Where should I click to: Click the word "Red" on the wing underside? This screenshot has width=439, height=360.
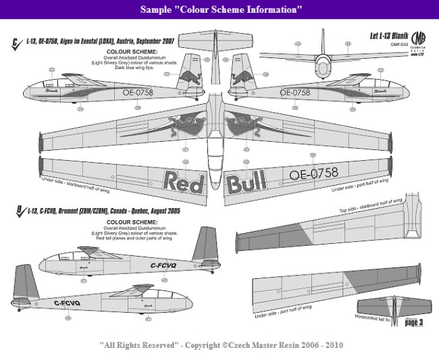(x=180, y=181)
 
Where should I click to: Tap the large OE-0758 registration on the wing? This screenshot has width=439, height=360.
(x=313, y=175)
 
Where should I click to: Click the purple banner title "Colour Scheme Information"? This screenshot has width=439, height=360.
(x=220, y=10)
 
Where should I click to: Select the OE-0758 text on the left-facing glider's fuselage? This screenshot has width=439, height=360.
(x=138, y=93)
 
